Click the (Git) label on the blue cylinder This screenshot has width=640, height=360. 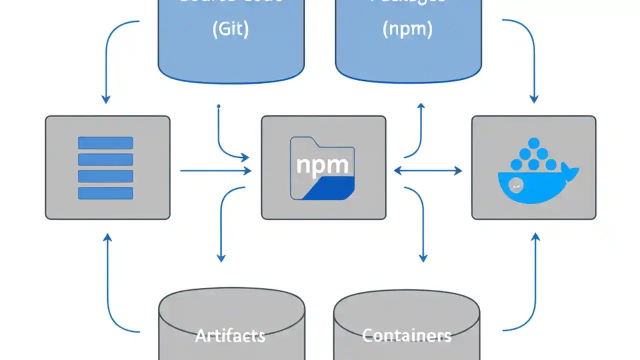[230, 28]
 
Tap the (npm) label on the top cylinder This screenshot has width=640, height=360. [407, 28]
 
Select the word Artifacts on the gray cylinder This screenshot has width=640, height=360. [230, 335]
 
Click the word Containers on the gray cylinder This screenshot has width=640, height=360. [406, 335]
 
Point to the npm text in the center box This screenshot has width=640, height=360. [322, 164]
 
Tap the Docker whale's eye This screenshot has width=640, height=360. [513, 185]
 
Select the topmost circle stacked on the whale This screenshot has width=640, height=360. [534, 143]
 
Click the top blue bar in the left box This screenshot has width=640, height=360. [105, 143]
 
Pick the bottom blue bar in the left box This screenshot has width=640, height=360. [105, 193]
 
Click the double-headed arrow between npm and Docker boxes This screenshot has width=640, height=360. [428, 171]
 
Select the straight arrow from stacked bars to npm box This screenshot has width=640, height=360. [215, 171]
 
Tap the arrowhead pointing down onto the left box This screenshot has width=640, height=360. [105, 99]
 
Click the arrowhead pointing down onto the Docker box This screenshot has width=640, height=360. [534, 99]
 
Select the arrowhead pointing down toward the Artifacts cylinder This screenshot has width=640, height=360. [220, 257]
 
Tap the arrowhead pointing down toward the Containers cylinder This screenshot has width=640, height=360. [423, 257]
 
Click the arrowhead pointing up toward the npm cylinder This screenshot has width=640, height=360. [421, 107]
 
